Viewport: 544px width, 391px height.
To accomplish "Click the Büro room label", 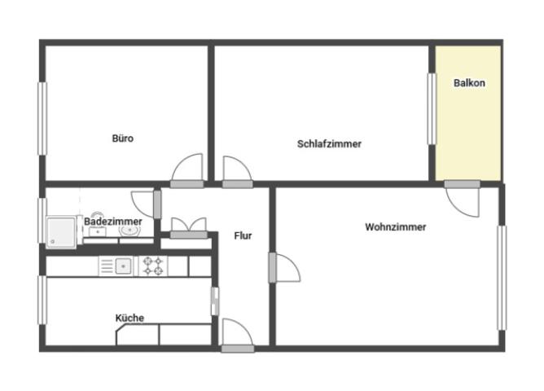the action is coord(123,138).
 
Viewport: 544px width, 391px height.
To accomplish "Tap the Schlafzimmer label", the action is coord(329,144).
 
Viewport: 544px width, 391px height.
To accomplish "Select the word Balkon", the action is coord(469,83).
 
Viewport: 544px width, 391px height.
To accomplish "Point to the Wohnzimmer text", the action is coord(396,227).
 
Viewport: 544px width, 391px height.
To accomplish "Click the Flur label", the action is coord(243,236).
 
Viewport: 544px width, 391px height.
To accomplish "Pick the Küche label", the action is coord(129,318).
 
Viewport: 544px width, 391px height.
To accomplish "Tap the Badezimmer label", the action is coord(113,222).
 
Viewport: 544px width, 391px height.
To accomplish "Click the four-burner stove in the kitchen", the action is coord(153,266).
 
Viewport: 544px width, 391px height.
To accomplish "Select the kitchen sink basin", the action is coord(123,266).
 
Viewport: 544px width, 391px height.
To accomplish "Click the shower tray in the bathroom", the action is coord(61,232).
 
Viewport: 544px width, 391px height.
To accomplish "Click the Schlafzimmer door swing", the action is coord(237,172).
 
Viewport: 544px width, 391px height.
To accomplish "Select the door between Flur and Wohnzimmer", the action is coord(284,267).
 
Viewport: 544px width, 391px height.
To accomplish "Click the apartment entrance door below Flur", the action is coord(237,336).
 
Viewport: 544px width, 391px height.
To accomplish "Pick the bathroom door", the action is coord(146,204).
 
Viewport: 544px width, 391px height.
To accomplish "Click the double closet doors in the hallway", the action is coord(189,228).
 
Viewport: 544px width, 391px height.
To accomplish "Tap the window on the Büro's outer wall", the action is coord(42,119).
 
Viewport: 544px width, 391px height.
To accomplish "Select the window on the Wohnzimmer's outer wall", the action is coord(502,278).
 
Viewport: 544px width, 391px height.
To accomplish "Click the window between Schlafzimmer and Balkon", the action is coord(432,109).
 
